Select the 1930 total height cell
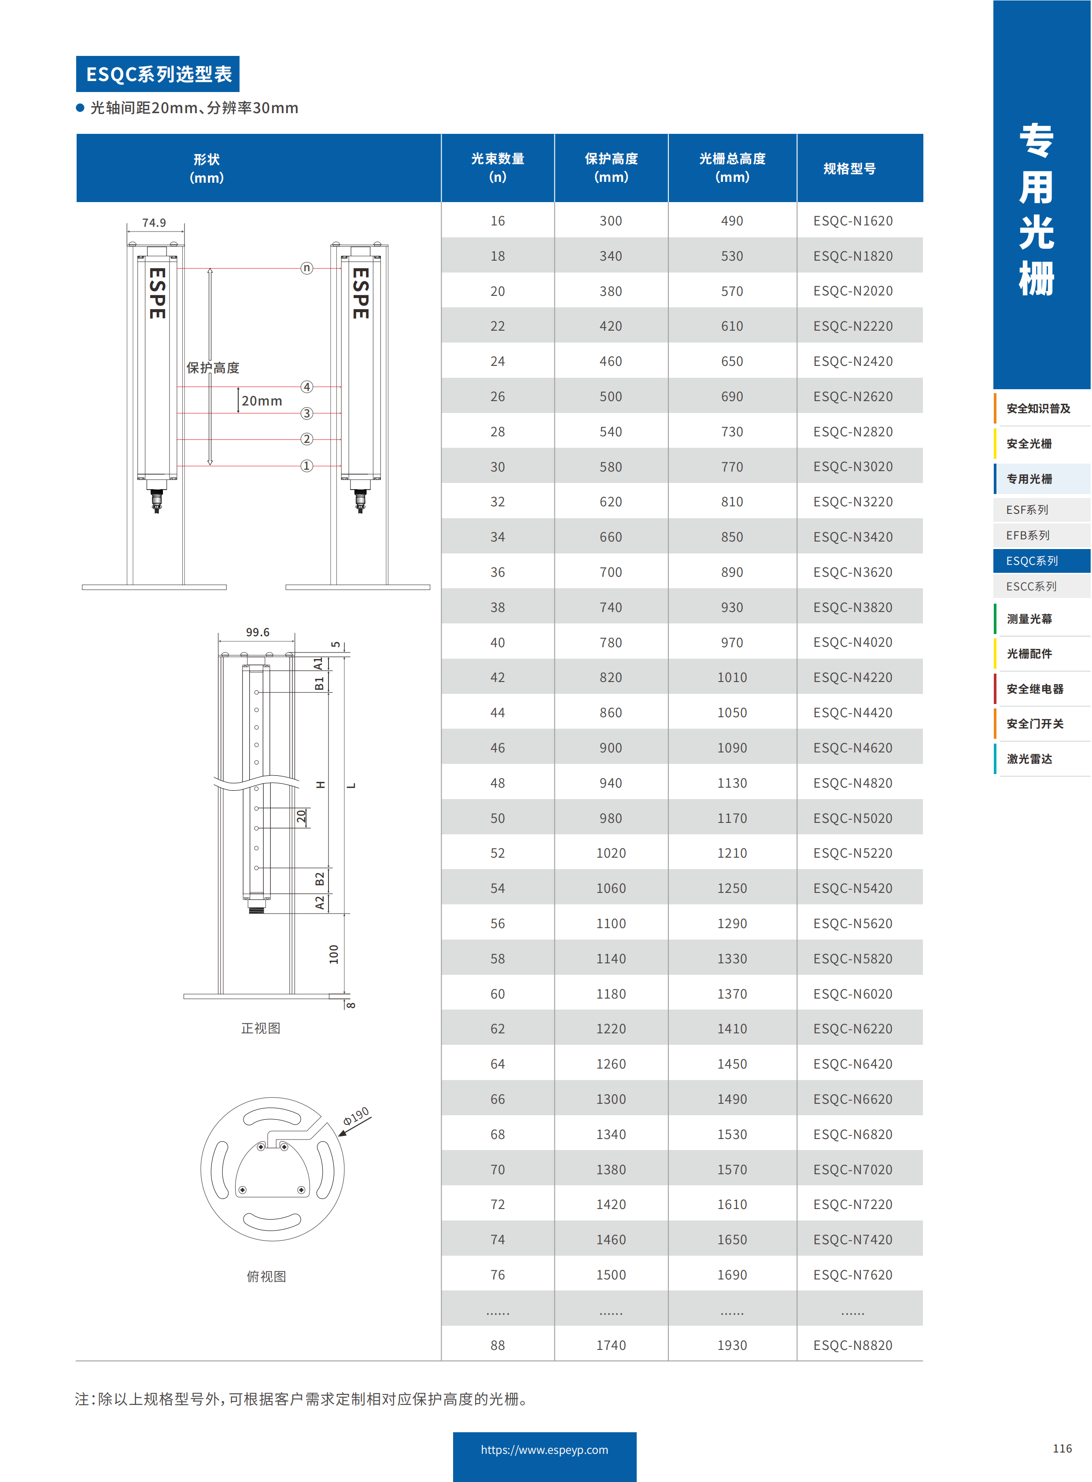[732, 1345]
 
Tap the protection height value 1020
[610, 853]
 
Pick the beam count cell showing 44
[497, 712]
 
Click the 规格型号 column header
[849, 169]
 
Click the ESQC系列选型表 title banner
[158, 74]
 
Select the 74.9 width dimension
[154, 223]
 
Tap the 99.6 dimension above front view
[257, 633]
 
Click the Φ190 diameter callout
[356, 1117]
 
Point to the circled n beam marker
[307, 268]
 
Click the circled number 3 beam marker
[307, 413]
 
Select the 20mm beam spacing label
[262, 401]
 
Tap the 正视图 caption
[260, 1028]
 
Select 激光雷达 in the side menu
[1029, 759]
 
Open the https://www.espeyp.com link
[544, 1449]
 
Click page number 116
[1062, 1448]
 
